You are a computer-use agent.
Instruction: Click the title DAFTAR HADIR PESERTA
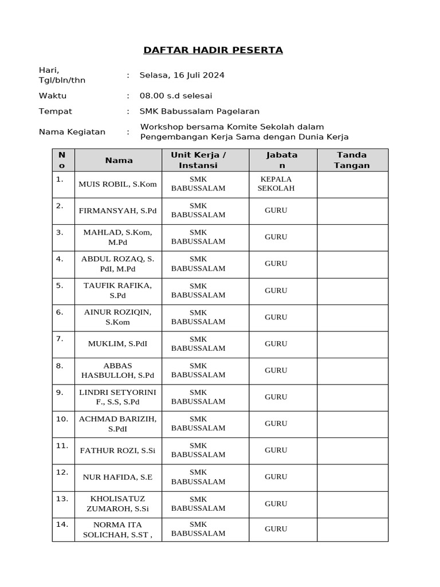point(213,50)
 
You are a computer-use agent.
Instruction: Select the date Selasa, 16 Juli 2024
point(182,75)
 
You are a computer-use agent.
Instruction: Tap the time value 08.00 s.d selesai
point(176,96)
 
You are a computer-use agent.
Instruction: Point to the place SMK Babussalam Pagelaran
point(199,111)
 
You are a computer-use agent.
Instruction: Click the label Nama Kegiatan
point(72,132)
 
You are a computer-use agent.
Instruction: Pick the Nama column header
point(119,161)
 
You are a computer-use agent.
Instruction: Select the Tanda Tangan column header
point(352,160)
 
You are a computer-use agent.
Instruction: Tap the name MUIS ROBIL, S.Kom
point(117,184)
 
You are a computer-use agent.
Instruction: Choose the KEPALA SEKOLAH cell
point(276,183)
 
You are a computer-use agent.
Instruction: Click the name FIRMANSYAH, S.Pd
point(117,210)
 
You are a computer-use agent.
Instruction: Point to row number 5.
point(60,285)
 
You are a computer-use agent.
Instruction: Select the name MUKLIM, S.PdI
point(117,344)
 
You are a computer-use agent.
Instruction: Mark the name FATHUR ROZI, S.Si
point(117,451)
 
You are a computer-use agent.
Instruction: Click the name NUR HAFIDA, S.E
point(117,477)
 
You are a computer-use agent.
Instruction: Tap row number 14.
point(62,524)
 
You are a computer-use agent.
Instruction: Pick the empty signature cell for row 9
point(352,397)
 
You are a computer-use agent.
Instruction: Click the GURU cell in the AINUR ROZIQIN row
point(276,317)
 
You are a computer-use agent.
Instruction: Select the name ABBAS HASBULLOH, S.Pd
point(117,370)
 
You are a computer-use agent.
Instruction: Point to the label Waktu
point(53,96)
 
